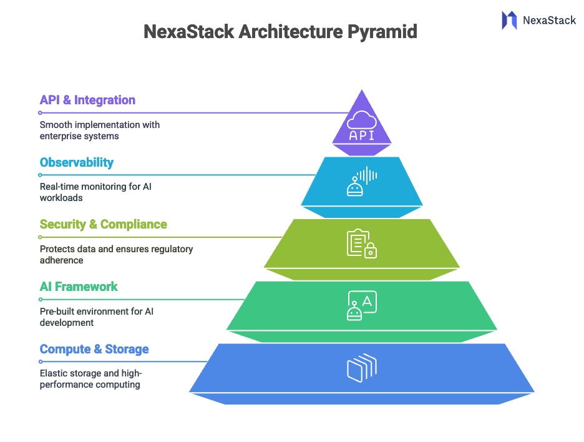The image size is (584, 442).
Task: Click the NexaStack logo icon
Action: click(509, 20)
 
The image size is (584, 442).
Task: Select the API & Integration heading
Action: click(87, 100)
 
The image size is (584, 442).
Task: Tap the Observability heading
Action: click(77, 162)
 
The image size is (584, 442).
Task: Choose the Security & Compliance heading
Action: click(104, 224)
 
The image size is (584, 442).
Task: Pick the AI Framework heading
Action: click(79, 287)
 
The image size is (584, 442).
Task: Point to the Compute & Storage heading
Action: click(94, 349)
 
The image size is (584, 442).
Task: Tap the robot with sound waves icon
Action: click(362, 182)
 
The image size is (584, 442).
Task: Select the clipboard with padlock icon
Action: click(362, 243)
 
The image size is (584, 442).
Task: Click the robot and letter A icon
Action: click(362, 306)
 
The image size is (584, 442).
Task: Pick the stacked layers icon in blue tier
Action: click(362, 368)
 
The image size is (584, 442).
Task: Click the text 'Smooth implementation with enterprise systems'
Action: click(100, 130)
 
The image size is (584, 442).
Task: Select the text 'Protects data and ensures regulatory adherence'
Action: click(116, 254)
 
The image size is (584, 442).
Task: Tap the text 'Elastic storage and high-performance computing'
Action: click(91, 379)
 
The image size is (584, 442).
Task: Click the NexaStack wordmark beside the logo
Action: click(549, 21)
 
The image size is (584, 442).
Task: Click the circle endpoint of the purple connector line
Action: click(40, 113)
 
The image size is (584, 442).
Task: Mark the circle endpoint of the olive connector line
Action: click(40, 237)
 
